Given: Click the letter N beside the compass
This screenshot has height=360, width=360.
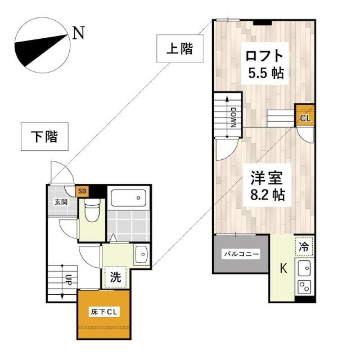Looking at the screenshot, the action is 79,33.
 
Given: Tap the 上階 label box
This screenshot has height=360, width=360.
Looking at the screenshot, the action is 180,48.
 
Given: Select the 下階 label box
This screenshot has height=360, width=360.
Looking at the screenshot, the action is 44,136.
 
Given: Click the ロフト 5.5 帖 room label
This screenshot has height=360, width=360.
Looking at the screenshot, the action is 265,64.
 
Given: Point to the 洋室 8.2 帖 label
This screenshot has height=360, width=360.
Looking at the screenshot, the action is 267,185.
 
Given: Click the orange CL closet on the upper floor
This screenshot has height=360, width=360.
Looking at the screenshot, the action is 305,115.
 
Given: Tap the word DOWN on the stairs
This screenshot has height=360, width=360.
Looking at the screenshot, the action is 233,118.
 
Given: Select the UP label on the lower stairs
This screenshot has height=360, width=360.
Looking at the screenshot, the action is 69,280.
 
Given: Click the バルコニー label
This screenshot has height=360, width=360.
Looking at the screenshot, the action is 241,254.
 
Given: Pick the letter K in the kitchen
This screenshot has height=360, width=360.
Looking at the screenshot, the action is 283,268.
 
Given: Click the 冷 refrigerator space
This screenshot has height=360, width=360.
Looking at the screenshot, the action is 304,247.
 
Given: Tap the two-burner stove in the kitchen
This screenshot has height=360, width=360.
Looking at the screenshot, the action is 304,287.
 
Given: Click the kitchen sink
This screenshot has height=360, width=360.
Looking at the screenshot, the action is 304,268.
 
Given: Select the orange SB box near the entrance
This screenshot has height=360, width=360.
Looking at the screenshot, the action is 82,191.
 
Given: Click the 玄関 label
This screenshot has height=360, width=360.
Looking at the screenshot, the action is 61,202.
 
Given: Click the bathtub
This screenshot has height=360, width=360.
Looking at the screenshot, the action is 129,198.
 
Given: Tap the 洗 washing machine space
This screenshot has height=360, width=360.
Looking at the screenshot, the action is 115,277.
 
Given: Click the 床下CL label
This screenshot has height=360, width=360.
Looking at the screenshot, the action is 104,312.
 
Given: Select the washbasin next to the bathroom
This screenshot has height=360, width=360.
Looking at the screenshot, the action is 141,254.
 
